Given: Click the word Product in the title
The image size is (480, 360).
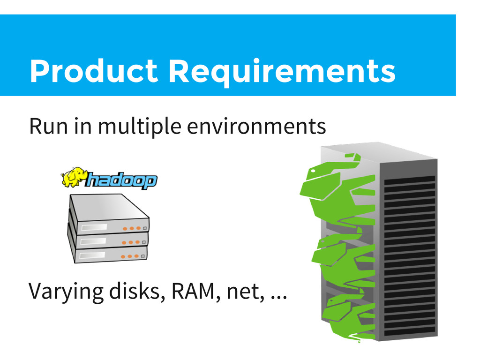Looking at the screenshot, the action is coord(94,71).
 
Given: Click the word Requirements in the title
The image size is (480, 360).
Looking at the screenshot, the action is coord(282,73).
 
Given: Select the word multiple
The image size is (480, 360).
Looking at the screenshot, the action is coord(140,127).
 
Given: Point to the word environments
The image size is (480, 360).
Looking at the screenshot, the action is coord(256,127).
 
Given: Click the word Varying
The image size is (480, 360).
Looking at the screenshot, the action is coord(66,292).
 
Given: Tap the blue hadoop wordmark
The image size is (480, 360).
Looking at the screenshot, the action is coord(121,180).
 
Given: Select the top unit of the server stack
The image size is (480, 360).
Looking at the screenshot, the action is coord(109,214).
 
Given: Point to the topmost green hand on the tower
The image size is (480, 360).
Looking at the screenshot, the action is coord(337,190).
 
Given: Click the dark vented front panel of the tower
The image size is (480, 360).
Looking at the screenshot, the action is coord(410,256).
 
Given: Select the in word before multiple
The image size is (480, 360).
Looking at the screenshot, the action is coord(82,126).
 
